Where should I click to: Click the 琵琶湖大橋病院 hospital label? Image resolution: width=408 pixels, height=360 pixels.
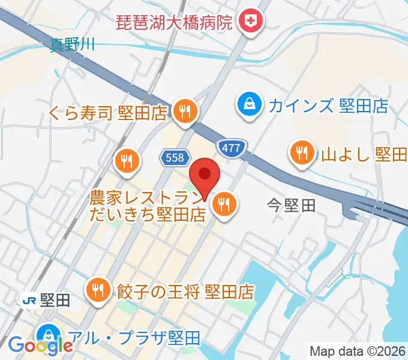point(173,23)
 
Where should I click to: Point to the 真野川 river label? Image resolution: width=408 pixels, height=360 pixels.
point(73,43)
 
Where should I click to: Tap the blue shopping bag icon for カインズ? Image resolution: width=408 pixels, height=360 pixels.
point(247,106)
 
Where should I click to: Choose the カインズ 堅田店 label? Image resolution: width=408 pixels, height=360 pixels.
point(328,106)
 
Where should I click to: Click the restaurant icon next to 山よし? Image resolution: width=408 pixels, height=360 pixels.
point(301,154)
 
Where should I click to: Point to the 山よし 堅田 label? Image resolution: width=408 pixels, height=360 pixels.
point(364,155)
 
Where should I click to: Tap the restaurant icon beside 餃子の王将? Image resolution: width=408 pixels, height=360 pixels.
point(97,291)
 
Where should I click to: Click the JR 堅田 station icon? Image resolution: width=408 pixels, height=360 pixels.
point(28,301)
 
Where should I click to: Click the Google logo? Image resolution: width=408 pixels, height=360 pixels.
point(40,345)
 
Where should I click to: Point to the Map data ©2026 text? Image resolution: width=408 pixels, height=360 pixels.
point(358,351)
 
